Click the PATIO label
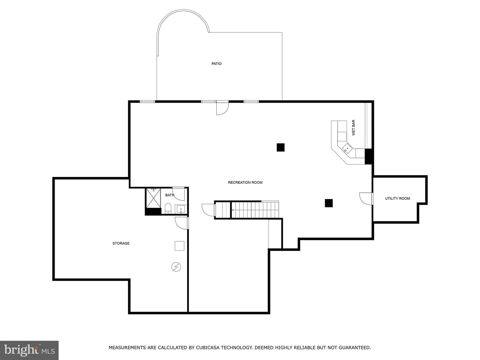[216, 64]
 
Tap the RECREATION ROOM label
[245, 182]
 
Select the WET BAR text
[353, 128]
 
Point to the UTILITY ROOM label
[397, 198]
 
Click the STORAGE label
[121, 243]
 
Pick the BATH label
[170, 195]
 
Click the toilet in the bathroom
[168, 208]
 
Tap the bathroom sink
[181, 209]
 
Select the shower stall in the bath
[153, 198]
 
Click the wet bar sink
[347, 149]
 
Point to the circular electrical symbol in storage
[176, 267]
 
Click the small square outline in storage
[179, 246]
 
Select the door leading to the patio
[222, 108]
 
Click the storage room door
[182, 223]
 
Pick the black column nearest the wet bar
[281, 147]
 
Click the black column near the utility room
[329, 203]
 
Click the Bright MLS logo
[29, 350]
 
